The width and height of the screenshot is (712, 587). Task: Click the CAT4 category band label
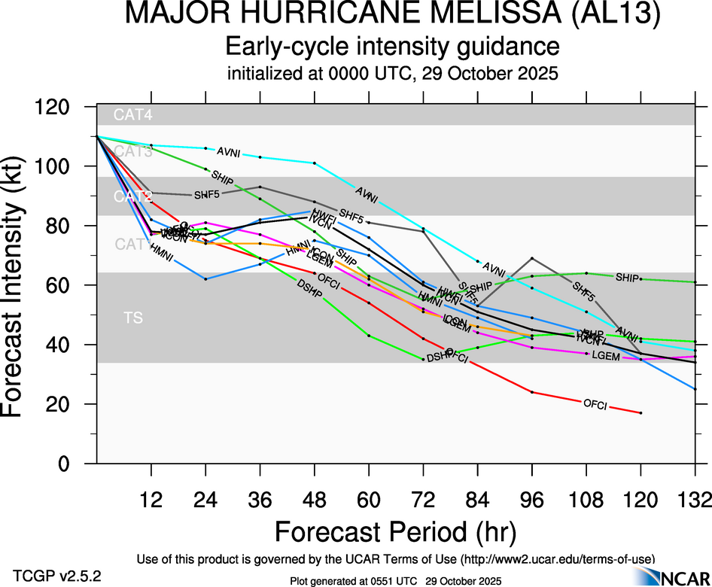coord(129,115)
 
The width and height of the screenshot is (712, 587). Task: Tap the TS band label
coord(132,318)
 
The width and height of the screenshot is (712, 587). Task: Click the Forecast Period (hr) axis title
coord(395,531)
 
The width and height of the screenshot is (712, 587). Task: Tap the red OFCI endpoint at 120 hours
coord(640,412)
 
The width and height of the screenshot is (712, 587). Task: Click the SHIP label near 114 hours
coord(627,278)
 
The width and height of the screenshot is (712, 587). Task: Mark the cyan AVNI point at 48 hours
coord(315,163)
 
